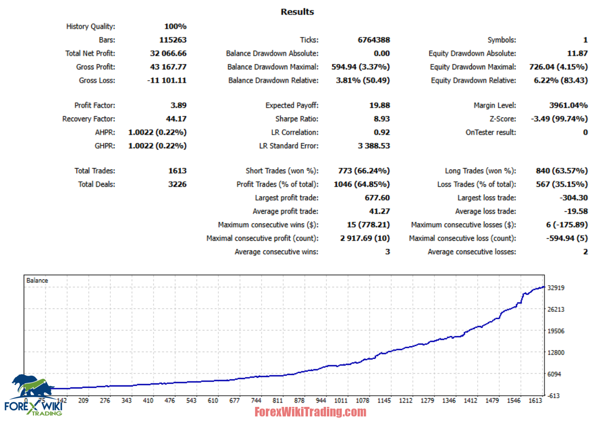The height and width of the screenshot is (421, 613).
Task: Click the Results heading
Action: pyautogui.click(x=297, y=12)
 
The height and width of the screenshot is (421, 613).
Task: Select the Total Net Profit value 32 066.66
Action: pyautogui.click(x=168, y=53)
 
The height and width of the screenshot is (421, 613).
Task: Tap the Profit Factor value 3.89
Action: pyautogui.click(x=178, y=105)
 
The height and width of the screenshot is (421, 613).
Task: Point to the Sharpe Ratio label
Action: pyautogui.click(x=297, y=119)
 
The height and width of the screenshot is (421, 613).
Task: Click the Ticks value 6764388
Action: pyautogui.click(x=374, y=40)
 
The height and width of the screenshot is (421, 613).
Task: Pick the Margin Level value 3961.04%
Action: pyautogui.click(x=568, y=105)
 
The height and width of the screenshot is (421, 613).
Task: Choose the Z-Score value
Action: pyautogui.click(x=559, y=119)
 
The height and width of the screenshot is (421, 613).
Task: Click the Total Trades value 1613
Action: pyautogui.click(x=177, y=171)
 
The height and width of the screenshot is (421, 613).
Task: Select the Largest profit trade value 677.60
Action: pyautogui.click(x=377, y=198)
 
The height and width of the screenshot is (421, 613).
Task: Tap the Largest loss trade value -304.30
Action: pyautogui.click(x=574, y=198)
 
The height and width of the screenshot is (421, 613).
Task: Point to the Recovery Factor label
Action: pyautogui.click(x=88, y=119)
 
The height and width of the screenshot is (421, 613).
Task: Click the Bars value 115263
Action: pyautogui.click(x=173, y=40)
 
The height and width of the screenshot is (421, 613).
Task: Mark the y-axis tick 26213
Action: pyautogui.click(x=556, y=309)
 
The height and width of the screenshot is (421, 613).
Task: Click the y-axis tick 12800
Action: pyautogui.click(x=556, y=352)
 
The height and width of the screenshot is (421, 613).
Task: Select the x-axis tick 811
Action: pyautogui.click(x=277, y=401)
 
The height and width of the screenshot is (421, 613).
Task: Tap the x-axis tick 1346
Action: pyautogui.click(x=449, y=401)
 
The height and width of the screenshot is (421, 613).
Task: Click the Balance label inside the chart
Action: pyautogui.click(x=37, y=281)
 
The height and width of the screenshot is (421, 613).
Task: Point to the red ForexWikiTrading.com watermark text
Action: pyautogui.click(x=310, y=412)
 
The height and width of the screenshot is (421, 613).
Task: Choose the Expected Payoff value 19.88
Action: pyautogui.click(x=380, y=105)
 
